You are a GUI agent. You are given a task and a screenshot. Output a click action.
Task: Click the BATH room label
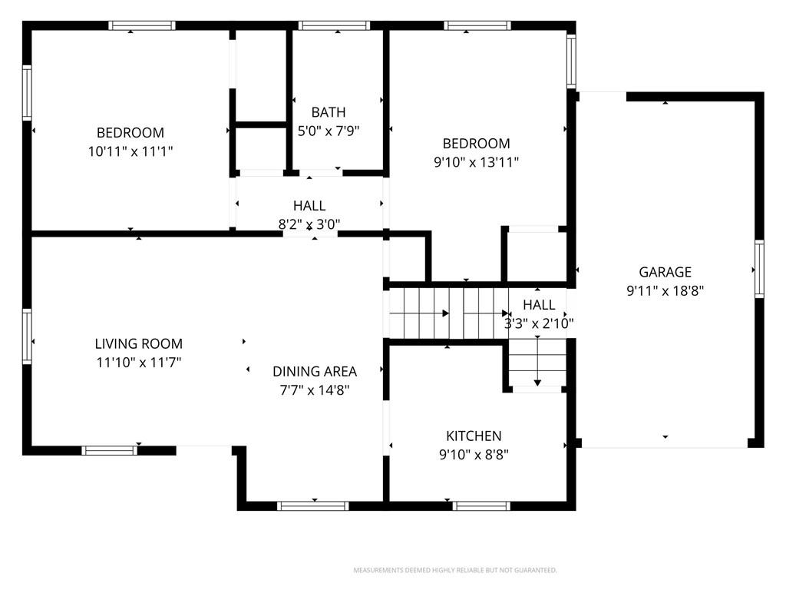[x=329, y=112]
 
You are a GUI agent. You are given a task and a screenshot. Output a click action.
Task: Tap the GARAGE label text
[x=665, y=272]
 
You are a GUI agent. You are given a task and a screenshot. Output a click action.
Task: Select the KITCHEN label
[x=474, y=436]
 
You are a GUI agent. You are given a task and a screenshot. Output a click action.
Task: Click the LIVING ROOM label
[x=139, y=343]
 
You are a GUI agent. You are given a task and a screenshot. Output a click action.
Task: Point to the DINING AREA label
[x=315, y=371]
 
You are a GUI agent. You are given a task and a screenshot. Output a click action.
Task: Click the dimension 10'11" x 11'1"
[x=130, y=151]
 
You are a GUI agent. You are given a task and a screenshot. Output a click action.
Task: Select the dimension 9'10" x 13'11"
[x=476, y=162]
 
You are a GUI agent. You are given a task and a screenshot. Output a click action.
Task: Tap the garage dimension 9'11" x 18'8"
[x=665, y=290]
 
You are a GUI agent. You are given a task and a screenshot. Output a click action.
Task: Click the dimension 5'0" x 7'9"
[x=329, y=131]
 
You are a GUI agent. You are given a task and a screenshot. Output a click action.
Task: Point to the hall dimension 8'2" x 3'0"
[x=309, y=224]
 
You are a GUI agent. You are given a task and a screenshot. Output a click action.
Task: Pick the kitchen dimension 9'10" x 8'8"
[x=474, y=455]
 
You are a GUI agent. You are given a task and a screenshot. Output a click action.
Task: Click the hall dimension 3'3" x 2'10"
[x=539, y=323]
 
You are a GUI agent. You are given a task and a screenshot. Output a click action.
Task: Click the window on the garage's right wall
[x=759, y=269]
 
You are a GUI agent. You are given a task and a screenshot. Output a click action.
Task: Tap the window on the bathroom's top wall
[x=335, y=25]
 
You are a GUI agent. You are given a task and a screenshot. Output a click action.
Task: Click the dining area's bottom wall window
[x=313, y=505]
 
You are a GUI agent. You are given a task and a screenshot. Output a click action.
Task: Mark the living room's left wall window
[x=27, y=336]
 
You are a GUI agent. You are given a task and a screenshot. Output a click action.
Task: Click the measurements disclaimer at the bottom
[x=455, y=570]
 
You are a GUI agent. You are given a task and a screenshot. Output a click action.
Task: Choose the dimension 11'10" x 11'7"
[x=139, y=363]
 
